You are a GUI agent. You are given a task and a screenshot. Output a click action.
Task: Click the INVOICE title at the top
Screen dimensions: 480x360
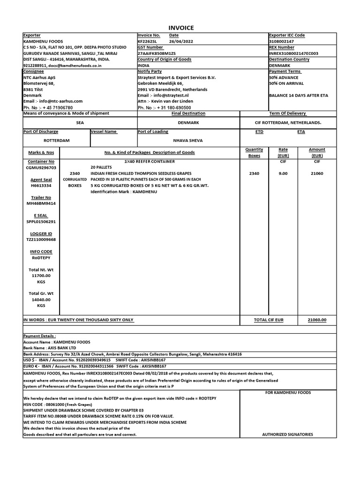(180, 28)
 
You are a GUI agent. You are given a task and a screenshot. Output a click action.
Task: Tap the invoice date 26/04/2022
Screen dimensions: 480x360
(179, 41)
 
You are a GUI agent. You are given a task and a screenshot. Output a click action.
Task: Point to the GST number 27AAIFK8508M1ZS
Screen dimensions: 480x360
(157, 53)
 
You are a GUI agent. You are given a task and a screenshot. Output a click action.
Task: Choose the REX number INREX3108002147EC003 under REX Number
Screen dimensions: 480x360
(294, 53)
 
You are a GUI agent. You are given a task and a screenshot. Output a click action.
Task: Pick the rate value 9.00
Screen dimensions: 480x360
(283, 173)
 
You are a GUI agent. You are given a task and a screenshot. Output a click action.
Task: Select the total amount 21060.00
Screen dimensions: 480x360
(317, 320)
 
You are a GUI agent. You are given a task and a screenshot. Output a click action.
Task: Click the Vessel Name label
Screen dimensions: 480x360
(104, 132)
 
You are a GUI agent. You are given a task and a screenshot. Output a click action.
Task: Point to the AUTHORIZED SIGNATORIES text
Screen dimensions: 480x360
(287, 435)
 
